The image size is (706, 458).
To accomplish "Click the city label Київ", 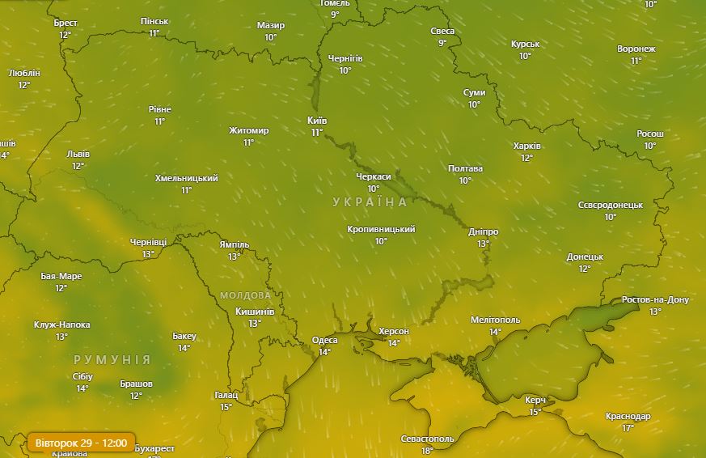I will tap(317, 121).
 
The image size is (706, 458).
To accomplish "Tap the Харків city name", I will tap(526, 146).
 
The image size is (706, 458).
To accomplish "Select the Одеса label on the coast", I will tap(324, 340).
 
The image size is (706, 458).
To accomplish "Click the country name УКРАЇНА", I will tap(370, 201).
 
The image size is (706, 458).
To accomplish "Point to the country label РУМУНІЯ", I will tap(112, 359).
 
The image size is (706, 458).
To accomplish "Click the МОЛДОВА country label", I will tap(245, 295).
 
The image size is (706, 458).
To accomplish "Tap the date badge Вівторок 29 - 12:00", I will tap(81, 443).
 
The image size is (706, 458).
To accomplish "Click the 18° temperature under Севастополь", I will tap(427, 451).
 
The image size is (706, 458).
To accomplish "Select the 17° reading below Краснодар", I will tap(628, 428).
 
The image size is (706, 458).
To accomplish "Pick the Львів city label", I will tap(78, 154).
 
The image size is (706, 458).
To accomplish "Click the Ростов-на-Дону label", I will tap(655, 300).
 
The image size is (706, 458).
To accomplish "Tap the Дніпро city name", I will tap(483, 231).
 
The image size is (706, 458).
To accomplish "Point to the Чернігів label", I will tap(345, 59).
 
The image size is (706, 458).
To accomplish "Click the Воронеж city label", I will tap(636, 49).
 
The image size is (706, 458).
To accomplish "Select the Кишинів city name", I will tap(255, 312).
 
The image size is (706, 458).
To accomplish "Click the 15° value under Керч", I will tap(535, 412).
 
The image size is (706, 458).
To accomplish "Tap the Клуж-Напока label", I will tap(61, 324).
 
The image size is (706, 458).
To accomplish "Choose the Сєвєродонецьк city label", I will tap(610, 205).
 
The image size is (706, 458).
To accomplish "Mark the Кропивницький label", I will tap(381, 229).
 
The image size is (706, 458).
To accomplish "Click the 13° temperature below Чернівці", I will tap(148, 254).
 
